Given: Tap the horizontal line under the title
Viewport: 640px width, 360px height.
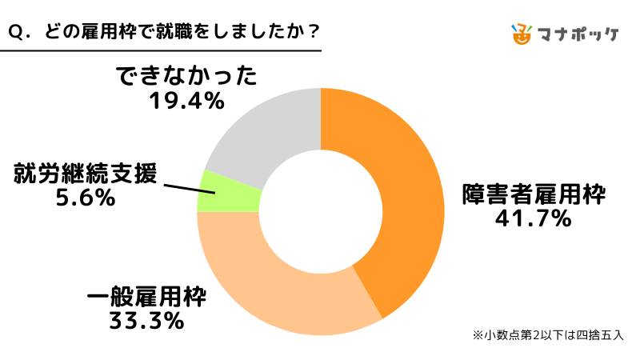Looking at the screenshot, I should (x=160, y=52).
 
